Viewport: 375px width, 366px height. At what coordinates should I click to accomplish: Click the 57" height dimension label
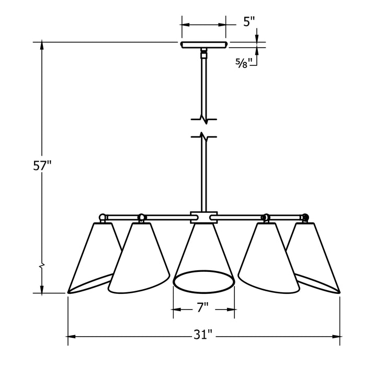43,167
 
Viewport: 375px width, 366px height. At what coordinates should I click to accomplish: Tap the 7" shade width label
203,309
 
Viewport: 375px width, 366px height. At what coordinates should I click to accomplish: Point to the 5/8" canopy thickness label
244,63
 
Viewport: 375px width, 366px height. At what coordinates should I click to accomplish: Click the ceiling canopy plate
203,45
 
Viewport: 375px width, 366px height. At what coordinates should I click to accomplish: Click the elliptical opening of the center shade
203,281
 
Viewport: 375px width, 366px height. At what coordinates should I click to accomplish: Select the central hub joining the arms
203,216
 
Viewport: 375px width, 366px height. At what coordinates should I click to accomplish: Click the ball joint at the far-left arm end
104,216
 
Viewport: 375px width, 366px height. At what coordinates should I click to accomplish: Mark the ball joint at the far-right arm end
305,216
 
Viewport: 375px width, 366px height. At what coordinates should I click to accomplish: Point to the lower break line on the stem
204,137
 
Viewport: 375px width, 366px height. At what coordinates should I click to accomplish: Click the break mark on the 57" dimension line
42,266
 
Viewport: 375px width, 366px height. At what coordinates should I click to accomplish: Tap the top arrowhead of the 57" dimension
42,45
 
